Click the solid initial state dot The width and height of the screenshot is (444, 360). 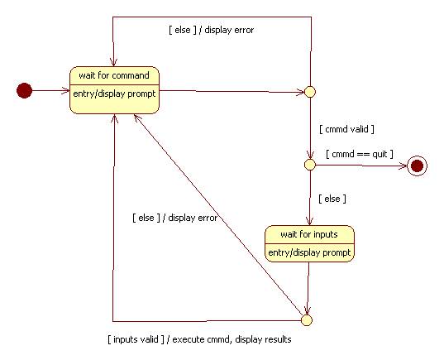(24, 90)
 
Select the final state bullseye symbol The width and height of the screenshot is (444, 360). (417, 166)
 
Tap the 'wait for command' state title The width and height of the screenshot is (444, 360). (114, 75)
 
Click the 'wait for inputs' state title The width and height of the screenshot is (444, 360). (309, 234)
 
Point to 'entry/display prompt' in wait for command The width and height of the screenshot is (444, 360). (114, 94)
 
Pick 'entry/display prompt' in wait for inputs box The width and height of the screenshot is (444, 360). (309, 252)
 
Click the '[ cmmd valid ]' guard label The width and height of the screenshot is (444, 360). (346, 129)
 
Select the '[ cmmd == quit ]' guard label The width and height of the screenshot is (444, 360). (360, 154)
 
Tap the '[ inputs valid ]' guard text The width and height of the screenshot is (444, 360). (136, 339)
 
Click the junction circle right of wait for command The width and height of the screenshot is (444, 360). (310, 92)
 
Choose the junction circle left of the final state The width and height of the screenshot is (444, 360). (310, 165)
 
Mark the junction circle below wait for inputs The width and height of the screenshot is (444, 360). (306, 320)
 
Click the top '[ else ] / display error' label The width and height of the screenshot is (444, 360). (211, 30)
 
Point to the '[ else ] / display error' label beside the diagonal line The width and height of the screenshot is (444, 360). (175, 218)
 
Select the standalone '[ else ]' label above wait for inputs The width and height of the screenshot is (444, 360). (332, 199)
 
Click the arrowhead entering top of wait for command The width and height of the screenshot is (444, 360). (113, 62)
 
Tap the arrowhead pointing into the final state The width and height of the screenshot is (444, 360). (403, 166)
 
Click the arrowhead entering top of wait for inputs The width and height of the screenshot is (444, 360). (309, 221)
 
